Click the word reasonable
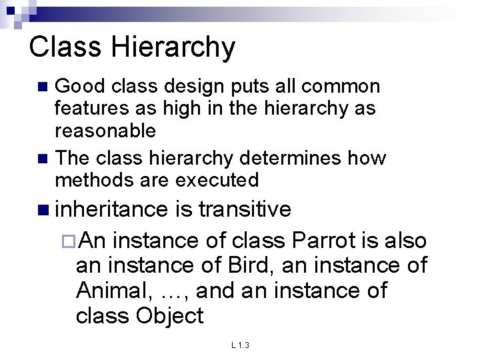[x=105, y=130]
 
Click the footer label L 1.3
[x=240, y=345]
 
